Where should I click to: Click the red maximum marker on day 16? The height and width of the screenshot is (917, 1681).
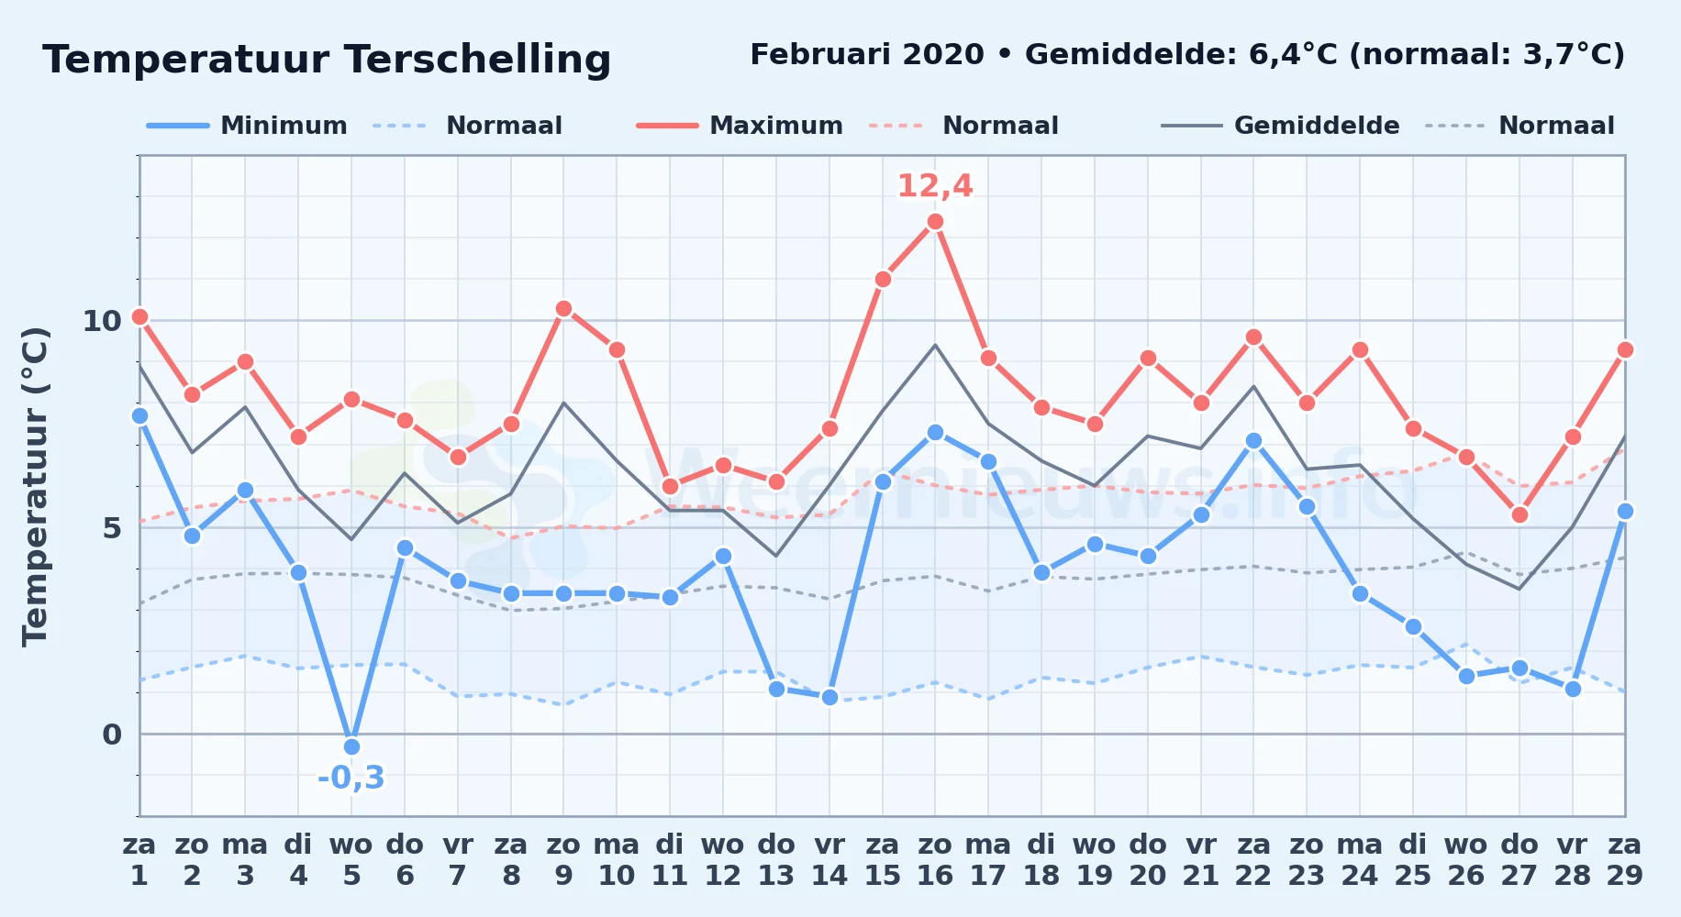pos(935,222)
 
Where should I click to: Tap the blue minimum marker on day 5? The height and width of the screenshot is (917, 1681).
pos(351,746)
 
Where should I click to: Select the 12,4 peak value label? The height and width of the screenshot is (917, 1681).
pos(935,186)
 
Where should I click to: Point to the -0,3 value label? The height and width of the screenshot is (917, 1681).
pos(351,778)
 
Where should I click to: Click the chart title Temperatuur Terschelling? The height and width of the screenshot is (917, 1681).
pos(327,60)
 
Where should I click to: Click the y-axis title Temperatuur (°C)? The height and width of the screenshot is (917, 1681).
pos(35,486)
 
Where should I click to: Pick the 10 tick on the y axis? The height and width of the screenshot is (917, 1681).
pos(102,321)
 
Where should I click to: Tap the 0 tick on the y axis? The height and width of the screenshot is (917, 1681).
pos(112,735)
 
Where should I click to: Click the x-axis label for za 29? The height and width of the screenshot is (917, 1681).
pos(1624,860)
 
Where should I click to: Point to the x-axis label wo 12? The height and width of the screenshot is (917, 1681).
pos(723,860)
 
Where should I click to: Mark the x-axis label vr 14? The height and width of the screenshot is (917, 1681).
pos(829,860)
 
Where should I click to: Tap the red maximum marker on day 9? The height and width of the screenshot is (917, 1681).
pos(563,309)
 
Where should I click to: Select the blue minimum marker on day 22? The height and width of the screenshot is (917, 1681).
pos(1253,441)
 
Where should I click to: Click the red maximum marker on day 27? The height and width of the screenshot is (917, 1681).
pos(1519,515)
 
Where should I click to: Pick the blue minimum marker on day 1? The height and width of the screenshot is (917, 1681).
pos(139,416)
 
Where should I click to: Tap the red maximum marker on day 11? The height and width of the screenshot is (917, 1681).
pos(670,486)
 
